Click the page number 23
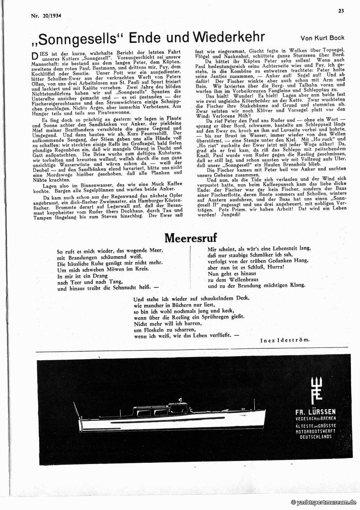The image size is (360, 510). coord(341,10)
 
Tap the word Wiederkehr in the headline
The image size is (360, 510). coord(228,37)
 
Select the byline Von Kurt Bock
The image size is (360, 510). coord(323,39)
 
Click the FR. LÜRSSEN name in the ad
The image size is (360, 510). coord(316,411)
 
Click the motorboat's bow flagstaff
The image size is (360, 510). coord(76,411)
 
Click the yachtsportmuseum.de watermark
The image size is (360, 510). coord(324,502)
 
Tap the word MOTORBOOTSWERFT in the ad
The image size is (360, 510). coord(316,432)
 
